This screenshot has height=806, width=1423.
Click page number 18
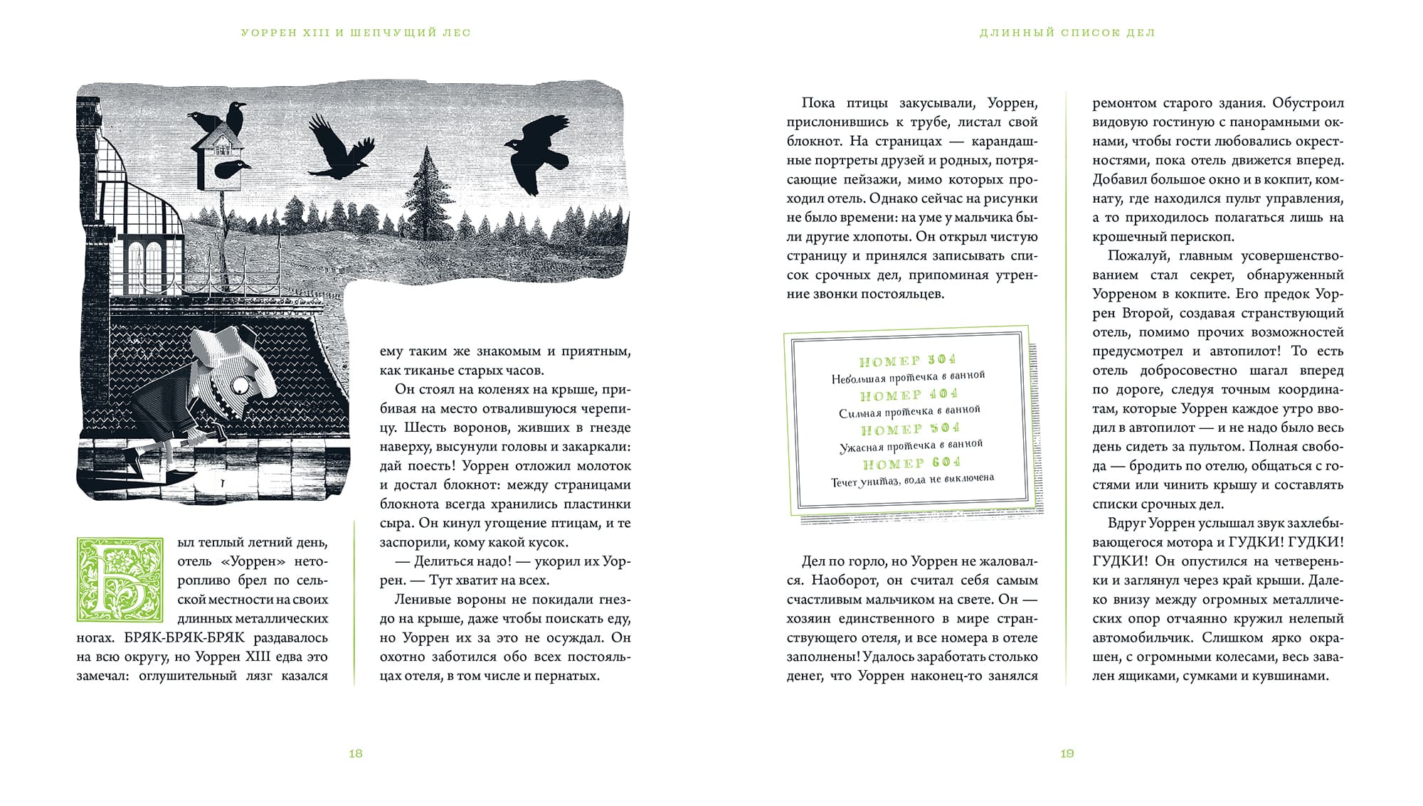pos(356,753)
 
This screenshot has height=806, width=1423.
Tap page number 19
pos(1067,753)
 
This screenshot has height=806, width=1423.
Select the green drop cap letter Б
pos(120,580)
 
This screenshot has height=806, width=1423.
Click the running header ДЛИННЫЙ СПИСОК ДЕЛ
pos(1067,33)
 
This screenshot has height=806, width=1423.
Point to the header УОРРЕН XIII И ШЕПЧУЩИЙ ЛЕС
pos(356,33)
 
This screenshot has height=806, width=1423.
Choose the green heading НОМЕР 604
pos(911,464)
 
